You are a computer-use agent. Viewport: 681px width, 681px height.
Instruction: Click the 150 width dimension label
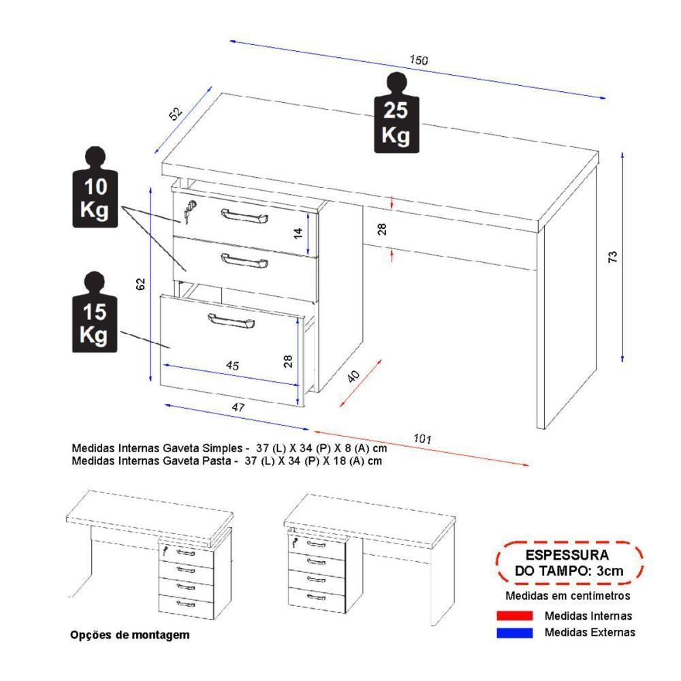pos(418,61)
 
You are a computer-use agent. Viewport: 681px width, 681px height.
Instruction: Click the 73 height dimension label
pos(612,257)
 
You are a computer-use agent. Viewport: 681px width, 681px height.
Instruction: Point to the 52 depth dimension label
pos(176,114)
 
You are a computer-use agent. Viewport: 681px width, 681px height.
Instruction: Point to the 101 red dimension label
pos(423,440)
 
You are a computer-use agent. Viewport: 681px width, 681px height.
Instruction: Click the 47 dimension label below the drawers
pos(238,407)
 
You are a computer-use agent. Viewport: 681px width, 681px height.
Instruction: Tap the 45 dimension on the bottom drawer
pos(232,366)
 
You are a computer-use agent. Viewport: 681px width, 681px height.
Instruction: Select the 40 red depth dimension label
pos(353,377)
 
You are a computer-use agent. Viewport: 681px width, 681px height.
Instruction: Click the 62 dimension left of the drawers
pos(141,284)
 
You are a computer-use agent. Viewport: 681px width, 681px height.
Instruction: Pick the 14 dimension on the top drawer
pos(298,232)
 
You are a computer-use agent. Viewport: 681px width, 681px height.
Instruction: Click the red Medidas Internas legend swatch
pos(514,616)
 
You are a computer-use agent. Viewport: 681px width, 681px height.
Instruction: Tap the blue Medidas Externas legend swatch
pos(514,632)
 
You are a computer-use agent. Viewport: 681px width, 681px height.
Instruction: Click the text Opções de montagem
pos(129,635)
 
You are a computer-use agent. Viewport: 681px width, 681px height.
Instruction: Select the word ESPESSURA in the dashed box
pos(567,556)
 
